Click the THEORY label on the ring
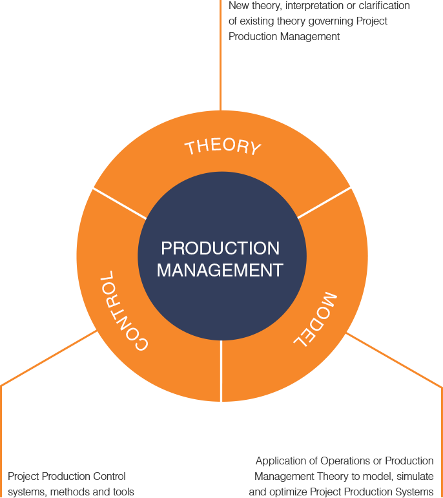coord(223,147)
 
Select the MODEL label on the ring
coord(315,319)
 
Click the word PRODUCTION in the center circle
coord(220,248)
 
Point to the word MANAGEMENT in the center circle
coord(220,270)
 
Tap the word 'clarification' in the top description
coord(384,6)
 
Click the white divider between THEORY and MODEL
coord(324,203)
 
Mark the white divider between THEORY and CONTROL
coord(119,204)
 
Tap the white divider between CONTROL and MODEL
coord(221,371)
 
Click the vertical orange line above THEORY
coord(220,56)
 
